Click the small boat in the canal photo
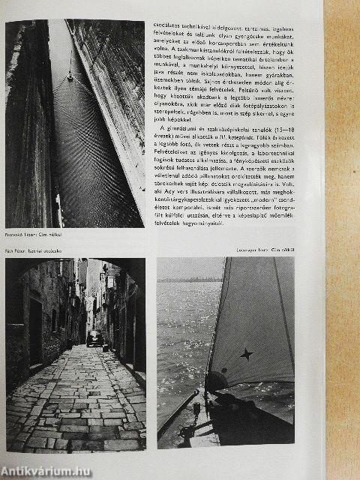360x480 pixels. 70,75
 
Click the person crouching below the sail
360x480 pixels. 217,384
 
